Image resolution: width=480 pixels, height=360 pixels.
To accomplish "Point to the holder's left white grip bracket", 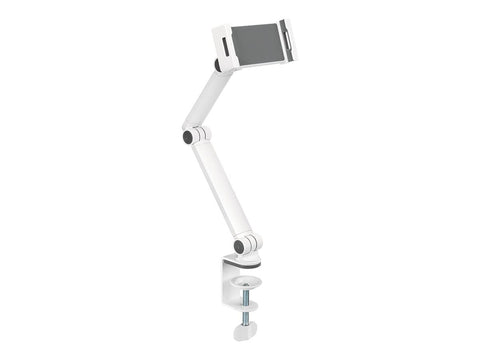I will point(223,48).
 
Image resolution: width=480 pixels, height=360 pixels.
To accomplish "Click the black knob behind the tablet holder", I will point(218,65).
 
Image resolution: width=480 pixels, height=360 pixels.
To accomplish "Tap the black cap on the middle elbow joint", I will point(187,137).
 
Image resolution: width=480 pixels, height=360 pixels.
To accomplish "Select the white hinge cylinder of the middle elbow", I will point(200,133).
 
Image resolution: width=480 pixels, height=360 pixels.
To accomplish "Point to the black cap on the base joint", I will point(239,245).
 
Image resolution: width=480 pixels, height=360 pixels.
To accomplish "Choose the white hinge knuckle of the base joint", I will point(252,241).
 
